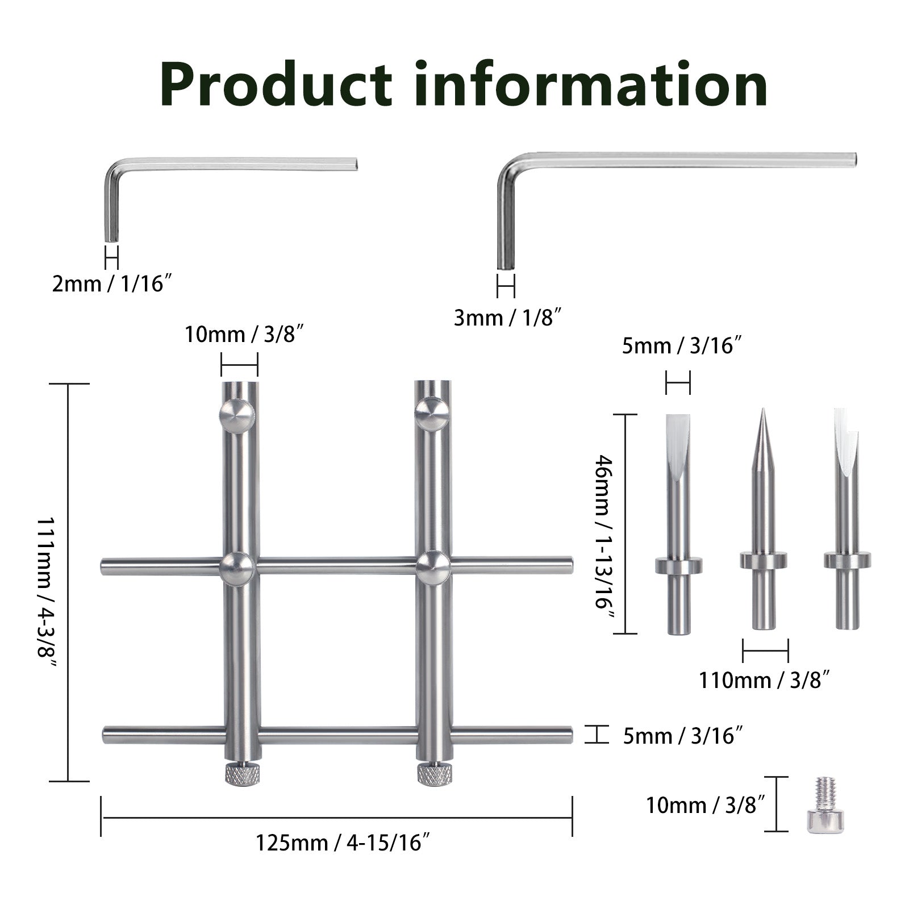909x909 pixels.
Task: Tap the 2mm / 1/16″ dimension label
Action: pyautogui.click(x=112, y=283)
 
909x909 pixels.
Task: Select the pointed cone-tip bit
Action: pyautogui.click(x=764, y=520)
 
